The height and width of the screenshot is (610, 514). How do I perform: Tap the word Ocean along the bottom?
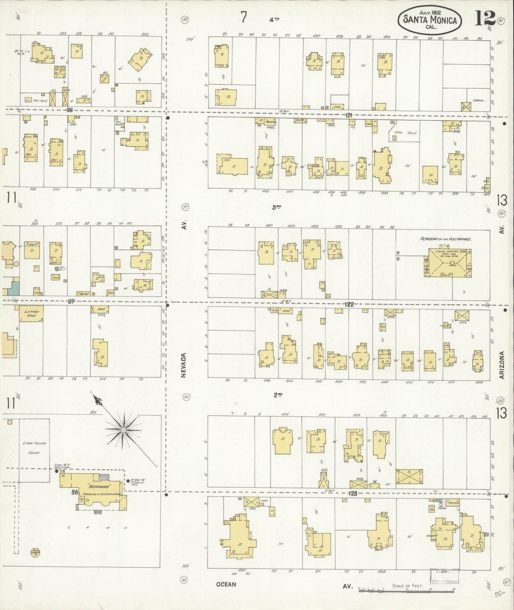[226, 584]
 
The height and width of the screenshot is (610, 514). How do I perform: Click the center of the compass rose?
[123, 430]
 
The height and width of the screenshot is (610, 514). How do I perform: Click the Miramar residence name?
[94, 486]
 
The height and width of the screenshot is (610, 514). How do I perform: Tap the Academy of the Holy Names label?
[446, 240]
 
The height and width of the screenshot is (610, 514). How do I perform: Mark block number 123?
[353, 494]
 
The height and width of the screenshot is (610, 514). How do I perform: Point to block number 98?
[74, 492]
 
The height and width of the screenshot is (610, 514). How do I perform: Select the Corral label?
[478, 100]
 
